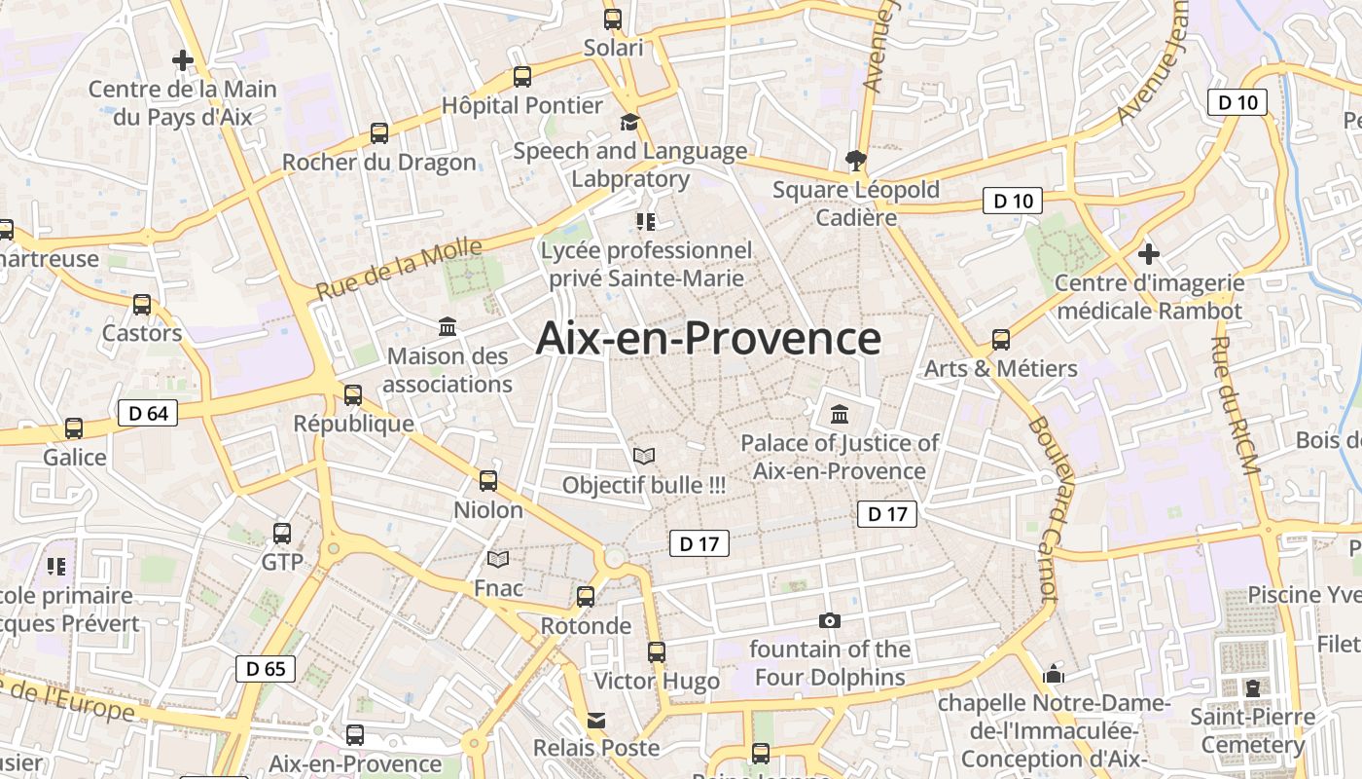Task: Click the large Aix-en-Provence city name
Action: [708, 339]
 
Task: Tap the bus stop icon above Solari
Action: [613, 19]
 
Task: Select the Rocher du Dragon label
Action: [379, 163]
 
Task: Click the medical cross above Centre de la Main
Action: [182, 60]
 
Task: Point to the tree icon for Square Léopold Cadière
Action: [856, 160]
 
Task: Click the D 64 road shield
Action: [148, 413]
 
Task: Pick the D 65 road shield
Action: [266, 669]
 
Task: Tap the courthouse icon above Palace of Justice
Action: [840, 415]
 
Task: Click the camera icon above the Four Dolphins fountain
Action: [830, 620]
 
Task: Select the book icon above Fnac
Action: [498, 559]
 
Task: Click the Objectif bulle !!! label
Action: [644, 485]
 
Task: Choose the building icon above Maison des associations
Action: [448, 326]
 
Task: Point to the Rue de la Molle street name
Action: [399, 269]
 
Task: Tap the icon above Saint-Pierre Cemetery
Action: [1253, 688]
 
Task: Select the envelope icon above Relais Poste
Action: [595, 721]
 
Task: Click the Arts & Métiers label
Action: [1001, 369]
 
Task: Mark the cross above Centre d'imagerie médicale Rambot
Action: [1149, 254]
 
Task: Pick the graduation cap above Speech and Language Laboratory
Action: [630, 122]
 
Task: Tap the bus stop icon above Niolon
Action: [488, 480]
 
